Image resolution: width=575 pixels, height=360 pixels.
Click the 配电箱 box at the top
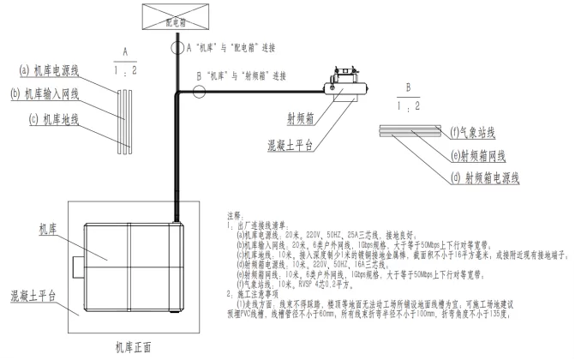(x=176, y=15)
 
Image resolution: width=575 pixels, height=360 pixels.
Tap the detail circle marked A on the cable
(x=177, y=49)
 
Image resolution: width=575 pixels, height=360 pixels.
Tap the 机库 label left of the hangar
(x=47, y=229)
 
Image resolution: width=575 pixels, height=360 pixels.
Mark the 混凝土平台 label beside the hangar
(x=33, y=295)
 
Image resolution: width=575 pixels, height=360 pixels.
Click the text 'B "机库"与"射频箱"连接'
(x=249, y=76)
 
